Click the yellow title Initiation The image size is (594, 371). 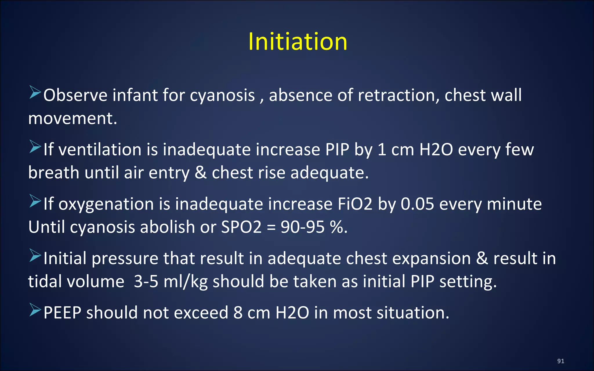298,42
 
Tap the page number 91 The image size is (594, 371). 561,361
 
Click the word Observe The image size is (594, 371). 75,95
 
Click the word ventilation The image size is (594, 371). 100,150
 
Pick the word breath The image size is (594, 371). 54,173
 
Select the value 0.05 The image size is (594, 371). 417,204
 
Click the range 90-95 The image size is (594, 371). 303,227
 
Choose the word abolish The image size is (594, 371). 167,227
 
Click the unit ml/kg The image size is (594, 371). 185,281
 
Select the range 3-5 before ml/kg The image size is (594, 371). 146,281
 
